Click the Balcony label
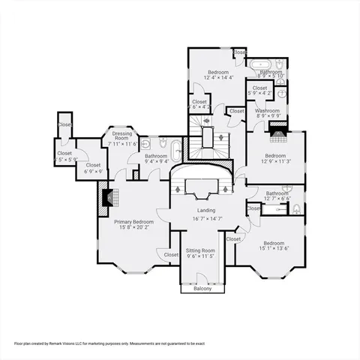[x=202, y=289]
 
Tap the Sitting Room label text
[x=201, y=250]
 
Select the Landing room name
[x=206, y=211]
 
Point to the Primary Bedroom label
[x=133, y=222]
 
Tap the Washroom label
[x=268, y=110]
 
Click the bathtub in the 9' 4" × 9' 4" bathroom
[x=176, y=151]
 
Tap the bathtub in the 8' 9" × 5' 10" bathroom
[x=263, y=64]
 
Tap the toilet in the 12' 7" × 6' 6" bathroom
[x=296, y=209]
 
